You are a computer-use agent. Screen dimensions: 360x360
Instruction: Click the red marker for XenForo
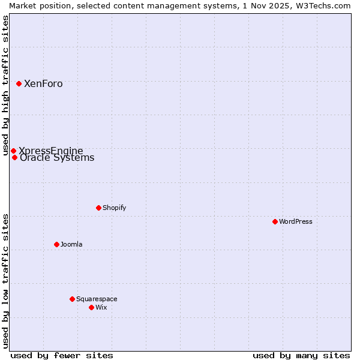point(19,83)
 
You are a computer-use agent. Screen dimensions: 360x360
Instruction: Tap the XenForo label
point(43,84)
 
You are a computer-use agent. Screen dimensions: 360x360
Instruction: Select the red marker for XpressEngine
point(13,151)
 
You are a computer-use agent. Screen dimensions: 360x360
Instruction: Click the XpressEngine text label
point(51,151)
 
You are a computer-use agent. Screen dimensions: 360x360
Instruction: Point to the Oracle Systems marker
point(14,158)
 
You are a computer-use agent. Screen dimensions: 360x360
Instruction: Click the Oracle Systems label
point(57,158)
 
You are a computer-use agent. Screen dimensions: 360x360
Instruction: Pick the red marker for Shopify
point(98,208)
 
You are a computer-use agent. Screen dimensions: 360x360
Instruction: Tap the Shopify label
point(114,208)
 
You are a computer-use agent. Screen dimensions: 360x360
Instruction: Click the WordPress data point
point(275,221)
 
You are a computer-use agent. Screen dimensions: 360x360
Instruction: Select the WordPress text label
point(296,222)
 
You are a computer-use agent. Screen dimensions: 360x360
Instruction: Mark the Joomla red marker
point(56,244)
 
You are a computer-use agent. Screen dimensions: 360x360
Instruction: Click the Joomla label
point(71,245)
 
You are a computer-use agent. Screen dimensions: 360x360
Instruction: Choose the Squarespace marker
point(72,299)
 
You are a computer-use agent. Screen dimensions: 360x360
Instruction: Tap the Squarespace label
point(97,299)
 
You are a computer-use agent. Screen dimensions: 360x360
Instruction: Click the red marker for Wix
point(91,307)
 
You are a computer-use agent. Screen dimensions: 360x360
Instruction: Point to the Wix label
point(101,308)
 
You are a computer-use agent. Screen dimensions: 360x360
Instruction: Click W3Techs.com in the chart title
point(326,5)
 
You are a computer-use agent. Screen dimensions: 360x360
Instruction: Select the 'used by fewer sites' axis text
point(62,355)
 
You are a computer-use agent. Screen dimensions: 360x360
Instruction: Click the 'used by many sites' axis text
point(301,355)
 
